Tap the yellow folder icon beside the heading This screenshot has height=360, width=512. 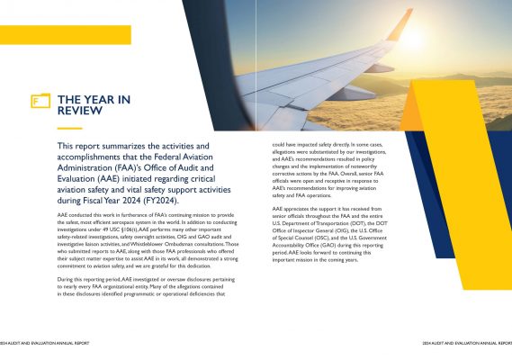click(40, 101)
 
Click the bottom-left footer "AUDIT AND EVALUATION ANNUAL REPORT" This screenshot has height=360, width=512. click(45, 343)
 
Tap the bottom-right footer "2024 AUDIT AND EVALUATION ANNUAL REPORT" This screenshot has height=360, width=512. click(467, 343)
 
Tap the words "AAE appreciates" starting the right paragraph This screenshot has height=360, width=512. click(292, 208)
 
